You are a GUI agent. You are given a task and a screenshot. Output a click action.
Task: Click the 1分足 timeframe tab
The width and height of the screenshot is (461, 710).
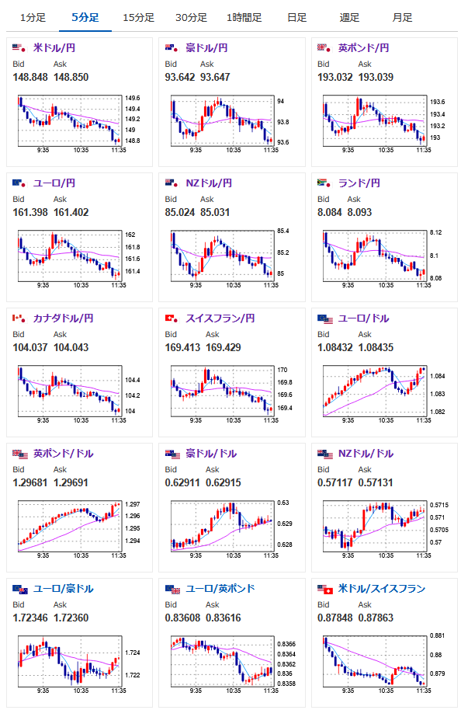point(33,18)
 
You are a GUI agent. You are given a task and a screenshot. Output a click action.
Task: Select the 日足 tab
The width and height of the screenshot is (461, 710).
point(296,18)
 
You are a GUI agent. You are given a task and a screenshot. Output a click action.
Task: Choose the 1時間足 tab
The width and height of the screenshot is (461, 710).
point(244,18)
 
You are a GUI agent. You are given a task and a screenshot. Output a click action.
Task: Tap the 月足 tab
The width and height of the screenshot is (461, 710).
point(402,18)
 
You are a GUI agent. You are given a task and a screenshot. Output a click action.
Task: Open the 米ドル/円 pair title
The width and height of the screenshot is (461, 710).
point(54,48)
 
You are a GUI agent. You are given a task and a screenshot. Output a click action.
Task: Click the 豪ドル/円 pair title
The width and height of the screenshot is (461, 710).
point(206,48)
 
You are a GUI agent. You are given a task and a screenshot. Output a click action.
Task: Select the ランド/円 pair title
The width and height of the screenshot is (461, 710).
point(359,183)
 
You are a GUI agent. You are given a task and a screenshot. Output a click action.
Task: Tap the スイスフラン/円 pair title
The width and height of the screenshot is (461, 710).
point(220,318)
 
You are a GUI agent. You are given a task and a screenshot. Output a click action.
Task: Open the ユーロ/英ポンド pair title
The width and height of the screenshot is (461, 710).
point(220,589)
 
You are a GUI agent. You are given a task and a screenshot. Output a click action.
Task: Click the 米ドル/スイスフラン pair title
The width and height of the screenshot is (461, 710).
point(382,589)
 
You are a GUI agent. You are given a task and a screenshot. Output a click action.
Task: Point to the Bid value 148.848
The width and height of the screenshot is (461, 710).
point(30,78)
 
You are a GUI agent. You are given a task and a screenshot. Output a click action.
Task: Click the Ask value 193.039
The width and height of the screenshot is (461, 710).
point(376,78)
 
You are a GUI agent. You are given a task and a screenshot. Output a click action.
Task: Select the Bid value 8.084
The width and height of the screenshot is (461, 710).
point(330,212)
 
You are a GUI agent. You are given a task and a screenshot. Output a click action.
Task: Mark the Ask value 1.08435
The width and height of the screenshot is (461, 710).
point(376,348)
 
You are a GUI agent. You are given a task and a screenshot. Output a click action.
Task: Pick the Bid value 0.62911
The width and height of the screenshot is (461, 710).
point(182,482)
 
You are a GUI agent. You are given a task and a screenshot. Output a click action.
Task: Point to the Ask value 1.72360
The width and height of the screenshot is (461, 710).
point(71,618)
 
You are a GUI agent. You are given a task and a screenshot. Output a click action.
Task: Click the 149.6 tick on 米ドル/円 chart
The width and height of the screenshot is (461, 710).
point(133,98)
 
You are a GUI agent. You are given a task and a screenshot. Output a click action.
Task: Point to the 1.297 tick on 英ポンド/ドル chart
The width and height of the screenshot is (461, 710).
point(133,504)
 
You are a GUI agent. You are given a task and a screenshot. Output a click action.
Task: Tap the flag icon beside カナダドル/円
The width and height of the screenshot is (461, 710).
point(19,318)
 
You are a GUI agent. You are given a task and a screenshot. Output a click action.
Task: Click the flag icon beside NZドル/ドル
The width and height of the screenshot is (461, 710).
point(325,454)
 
